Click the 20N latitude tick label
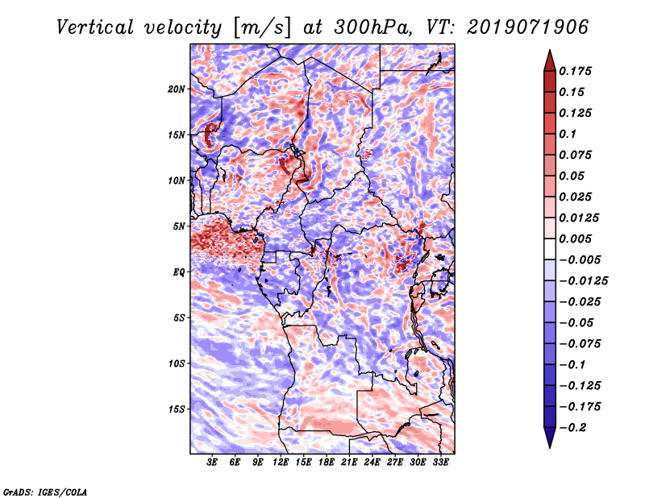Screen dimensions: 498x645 pyautogui.click(x=177, y=89)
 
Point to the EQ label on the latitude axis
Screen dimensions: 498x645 pyautogui.click(x=179, y=272)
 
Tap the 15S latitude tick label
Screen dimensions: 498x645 pyautogui.click(x=177, y=409)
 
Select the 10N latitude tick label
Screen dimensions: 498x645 pyautogui.click(x=177, y=181)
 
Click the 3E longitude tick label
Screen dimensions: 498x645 pyautogui.click(x=213, y=463)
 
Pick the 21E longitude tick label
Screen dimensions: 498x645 pyautogui.click(x=350, y=463)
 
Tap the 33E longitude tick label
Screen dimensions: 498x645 pyautogui.click(x=441, y=463)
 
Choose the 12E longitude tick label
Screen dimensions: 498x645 pyautogui.click(x=281, y=463)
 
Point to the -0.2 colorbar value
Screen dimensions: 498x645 pyautogui.click(x=578, y=427)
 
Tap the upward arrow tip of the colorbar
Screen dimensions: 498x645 pyautogui.click(x=549, y=52)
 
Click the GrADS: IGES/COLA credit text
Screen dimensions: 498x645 pyautogui.click(x=45, y=491)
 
